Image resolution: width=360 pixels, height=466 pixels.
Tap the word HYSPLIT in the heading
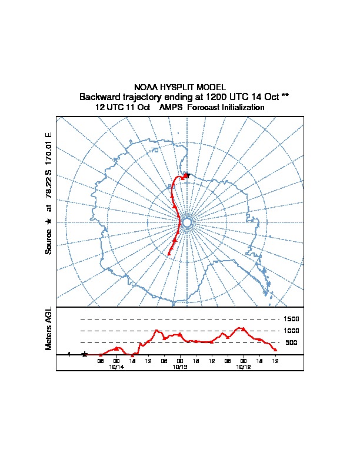tap(175, 87)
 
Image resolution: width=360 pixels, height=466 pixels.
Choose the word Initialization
tap(243, 108)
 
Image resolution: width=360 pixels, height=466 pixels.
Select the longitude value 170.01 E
tap(49, 147)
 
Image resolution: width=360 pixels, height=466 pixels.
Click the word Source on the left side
tap(49, 241)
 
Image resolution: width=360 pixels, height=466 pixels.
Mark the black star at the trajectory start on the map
tap(188, 175)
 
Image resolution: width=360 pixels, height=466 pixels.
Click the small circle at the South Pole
tap(187, 222)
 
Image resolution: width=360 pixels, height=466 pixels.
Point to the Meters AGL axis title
tap(49, 329)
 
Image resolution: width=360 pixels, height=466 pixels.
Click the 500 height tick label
tap(291, 342)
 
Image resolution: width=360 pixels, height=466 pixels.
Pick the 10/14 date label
tap(116, 367)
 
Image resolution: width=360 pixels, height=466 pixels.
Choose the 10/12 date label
tap(243, 367)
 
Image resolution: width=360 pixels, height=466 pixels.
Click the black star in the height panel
tap(85, 354)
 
